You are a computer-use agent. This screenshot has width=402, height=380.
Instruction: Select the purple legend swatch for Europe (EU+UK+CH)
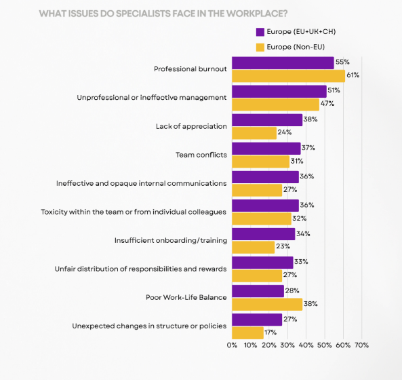260,32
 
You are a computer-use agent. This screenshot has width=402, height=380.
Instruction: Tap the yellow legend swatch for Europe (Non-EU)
260,47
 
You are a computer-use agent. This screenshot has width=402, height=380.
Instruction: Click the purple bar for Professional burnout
283,62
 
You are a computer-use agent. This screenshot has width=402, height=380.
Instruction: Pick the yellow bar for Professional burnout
288,75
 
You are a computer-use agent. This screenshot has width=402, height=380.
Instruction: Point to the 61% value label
353,75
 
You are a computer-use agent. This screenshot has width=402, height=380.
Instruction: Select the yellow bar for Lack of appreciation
254,132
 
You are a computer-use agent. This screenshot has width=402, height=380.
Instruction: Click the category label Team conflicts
201,155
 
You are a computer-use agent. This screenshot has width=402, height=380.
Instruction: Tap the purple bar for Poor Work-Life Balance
258,290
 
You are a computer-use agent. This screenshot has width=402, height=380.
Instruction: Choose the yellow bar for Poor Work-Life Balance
267,303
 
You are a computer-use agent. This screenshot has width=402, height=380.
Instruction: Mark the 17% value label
271,332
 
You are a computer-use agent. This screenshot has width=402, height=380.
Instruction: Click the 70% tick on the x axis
361,345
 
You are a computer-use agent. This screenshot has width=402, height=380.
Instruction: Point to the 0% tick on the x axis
233,345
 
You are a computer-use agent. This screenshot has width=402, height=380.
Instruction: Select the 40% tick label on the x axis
306,345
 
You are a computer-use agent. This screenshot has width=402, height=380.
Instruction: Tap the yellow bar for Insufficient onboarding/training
254,247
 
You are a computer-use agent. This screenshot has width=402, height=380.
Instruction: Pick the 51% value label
334,91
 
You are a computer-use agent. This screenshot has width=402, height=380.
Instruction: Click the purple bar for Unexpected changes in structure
257,320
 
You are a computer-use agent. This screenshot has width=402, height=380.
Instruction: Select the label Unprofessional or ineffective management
151,98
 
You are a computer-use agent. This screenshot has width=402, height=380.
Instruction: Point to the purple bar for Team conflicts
266,148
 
